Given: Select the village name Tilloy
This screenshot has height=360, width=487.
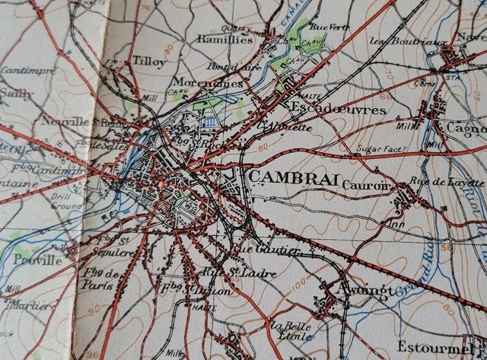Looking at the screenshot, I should (x=148, y=60).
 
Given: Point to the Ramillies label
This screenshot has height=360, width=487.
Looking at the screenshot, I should (x=224, y=39).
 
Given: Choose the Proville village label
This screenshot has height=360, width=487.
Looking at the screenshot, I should (x=37, y=260).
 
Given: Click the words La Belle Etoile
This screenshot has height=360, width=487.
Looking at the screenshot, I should (x=290, y=330).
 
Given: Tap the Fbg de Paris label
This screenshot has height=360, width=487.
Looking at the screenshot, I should (x=99, y=279).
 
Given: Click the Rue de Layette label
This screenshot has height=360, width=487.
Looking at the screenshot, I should (x=457, y=183).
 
